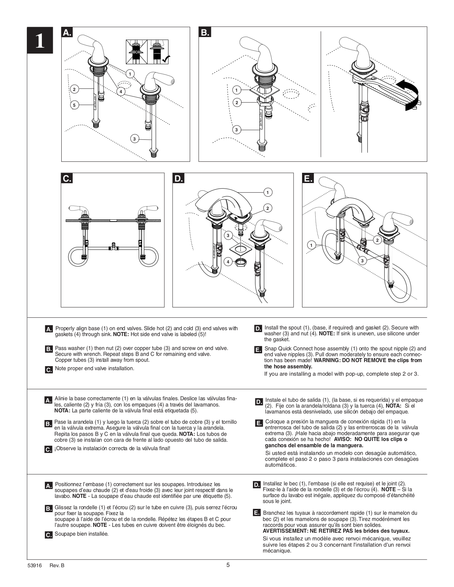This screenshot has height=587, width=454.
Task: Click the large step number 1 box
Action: [40, 40]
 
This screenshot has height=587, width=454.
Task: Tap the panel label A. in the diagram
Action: [67, 32]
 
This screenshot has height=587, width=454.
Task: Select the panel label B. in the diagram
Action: [204, 32]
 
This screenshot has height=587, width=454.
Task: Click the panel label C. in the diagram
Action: [66, 178]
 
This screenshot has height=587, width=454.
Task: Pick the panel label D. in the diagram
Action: [178, 178]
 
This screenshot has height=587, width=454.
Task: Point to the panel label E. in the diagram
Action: [308, 178]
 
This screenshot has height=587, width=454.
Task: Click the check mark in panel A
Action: [166, 58]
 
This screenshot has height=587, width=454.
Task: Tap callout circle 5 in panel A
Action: [74, 105]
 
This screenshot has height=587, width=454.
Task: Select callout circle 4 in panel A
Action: [120, 91]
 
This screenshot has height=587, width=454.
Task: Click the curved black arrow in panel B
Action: [410, 94]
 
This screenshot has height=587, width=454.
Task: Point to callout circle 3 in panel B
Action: [236, 130]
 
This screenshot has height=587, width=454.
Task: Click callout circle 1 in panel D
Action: [268, 192]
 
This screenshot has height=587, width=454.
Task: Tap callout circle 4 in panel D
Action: [228, 262]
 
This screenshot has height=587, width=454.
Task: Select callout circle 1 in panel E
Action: [312, 245]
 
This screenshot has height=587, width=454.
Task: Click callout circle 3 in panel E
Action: [362, 260]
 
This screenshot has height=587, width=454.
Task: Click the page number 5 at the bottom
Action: [228, 565]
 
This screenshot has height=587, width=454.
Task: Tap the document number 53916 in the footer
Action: [34, 565]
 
